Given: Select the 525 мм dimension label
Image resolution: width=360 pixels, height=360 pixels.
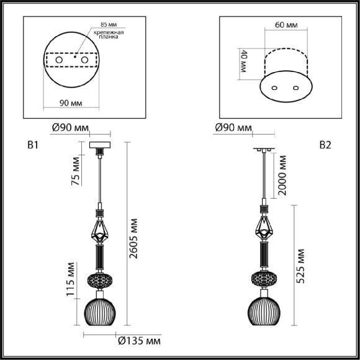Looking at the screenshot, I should click(301, 266).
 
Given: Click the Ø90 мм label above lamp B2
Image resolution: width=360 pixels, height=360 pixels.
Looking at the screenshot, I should click(233, 129).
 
